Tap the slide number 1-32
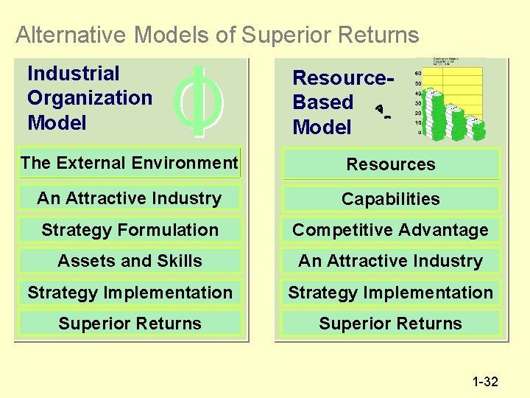[x=485, y=381]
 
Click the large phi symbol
[x=199, y=101]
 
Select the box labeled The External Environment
[x=130, y=163]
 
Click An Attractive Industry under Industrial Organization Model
[x=130, y=198]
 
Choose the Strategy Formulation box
[x=130, y=230]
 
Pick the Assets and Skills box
[x=130, y=261]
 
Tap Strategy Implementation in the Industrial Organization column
[x=130, y=293]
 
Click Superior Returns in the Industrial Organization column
[x=130, y=324]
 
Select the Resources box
[x=391, y=164]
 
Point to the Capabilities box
[x=391, y=199]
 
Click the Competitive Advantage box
[x=391, y=230]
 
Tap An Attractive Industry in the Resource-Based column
[x=391, y=261]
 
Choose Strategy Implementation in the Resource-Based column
[x=391, y=293]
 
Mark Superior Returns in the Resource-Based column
[x=391, y=324]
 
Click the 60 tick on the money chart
[x=418, y=74]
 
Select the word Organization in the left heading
[x=89, y=98]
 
